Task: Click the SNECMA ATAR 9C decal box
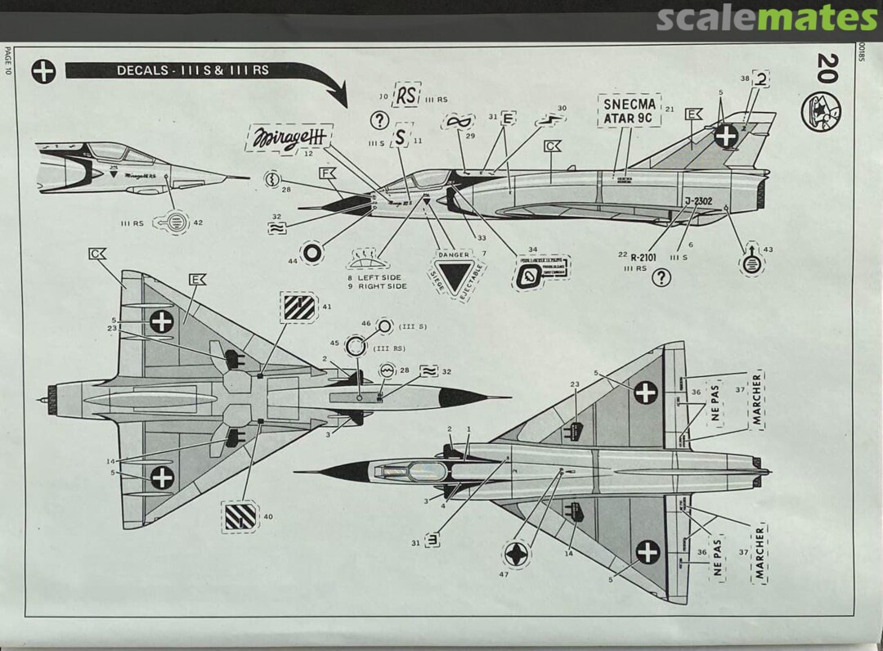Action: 629,110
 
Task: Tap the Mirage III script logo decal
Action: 288,137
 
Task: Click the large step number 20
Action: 827,68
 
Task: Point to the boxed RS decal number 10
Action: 406,94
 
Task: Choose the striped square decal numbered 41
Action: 298,308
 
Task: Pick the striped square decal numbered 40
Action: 240,516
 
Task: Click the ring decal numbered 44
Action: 312,253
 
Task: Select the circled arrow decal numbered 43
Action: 751,263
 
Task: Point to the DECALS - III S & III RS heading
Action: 192,70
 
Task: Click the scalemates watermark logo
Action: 767,18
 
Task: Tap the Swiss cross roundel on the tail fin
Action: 725,136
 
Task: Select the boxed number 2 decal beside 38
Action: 761,80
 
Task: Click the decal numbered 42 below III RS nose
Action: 174,221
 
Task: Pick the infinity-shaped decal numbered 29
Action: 458,121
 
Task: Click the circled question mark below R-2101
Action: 661,278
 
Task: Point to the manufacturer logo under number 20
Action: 821,112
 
